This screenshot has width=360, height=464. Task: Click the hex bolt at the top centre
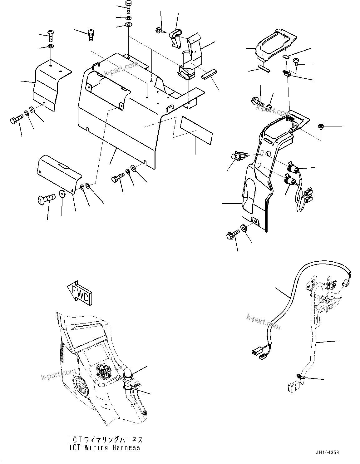(128, 6)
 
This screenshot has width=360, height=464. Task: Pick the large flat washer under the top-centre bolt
(128, 25)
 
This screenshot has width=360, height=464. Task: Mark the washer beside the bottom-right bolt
(244, 227)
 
